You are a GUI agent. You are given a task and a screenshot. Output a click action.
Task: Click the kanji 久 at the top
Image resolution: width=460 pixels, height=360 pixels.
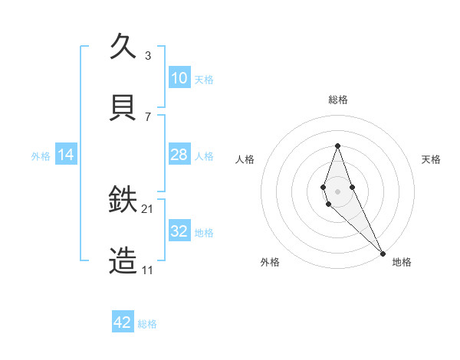click(123, 47)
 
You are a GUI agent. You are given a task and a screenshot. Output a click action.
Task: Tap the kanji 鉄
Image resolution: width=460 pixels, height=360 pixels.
click(123, 200)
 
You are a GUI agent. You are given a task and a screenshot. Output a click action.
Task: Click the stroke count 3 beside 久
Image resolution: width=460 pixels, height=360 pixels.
click(148, 55)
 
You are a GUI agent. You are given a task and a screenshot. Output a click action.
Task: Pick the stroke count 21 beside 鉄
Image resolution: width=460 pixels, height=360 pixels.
click(148, 208)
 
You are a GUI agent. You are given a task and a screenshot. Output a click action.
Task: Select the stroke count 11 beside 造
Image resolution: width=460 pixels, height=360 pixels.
click(148, 270)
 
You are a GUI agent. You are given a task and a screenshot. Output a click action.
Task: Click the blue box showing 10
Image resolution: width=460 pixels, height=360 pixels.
click(179, 78)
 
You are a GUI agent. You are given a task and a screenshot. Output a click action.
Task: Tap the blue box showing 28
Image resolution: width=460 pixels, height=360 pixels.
click(179, 155)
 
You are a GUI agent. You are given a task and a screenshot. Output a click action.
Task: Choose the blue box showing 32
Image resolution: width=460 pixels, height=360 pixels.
click(179, 231)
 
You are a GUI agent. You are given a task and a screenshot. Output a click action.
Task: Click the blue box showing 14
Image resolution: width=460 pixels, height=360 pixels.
click(66, 155)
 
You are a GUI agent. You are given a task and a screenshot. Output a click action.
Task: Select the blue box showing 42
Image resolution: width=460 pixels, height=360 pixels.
click(123, 322)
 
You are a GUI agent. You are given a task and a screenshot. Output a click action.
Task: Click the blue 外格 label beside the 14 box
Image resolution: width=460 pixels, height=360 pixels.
click(41, 155)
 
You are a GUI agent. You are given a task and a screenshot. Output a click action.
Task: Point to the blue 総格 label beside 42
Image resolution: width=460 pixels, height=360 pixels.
click(147, 323)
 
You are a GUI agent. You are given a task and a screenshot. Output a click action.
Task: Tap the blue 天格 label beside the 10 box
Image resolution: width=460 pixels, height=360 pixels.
click(204, 79)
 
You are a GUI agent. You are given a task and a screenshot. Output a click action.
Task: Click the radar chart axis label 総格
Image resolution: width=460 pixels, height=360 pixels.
click(337, 100)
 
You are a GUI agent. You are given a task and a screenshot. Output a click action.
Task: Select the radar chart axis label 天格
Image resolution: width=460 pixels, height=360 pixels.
click(431, 159)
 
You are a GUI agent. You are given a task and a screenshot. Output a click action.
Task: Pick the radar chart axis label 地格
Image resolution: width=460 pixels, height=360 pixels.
click(402, 262)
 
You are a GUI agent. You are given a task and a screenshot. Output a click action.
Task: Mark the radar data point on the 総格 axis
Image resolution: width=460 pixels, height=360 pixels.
click(337, 146)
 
